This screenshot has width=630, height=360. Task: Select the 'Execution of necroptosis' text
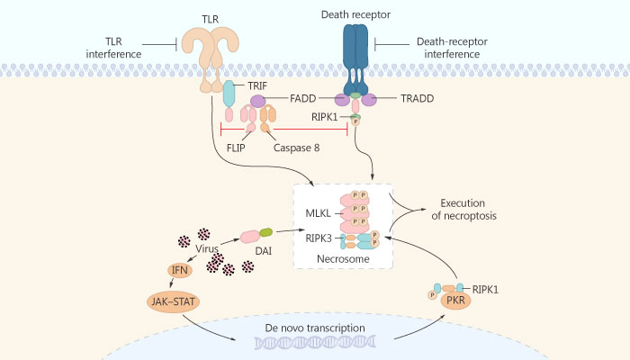click(x=469, y=210)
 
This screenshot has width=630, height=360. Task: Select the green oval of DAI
click(x=267, y=232)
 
